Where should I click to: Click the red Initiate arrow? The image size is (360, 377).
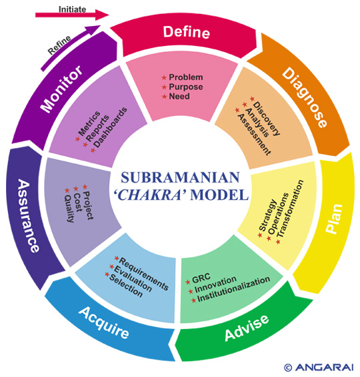(72, 15)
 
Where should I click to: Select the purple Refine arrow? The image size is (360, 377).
(70, 47)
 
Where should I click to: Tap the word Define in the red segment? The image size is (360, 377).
(187, 32)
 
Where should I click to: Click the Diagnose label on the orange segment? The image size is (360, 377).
(305, 97)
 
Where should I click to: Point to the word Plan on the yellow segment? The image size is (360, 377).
(334, 218)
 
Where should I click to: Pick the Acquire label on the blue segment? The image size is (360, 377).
(104, 322)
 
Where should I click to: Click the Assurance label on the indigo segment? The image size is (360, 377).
(28, 215)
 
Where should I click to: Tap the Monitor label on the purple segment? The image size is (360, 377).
(61, 89)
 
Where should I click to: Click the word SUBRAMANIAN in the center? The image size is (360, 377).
(180, 177)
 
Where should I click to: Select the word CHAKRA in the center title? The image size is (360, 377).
(150, 195)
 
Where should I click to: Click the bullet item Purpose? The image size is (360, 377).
(186, 87)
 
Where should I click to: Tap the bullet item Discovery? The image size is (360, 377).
(267, 119)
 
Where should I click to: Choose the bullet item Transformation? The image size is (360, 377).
(290, 209)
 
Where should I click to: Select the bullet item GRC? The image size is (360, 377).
(201, 278)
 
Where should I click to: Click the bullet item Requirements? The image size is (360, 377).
(144, 274)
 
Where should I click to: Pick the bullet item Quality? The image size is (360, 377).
(69, 208)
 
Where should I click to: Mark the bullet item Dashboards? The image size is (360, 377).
(110, 127)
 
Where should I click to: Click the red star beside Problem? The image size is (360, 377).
(164, 77)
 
